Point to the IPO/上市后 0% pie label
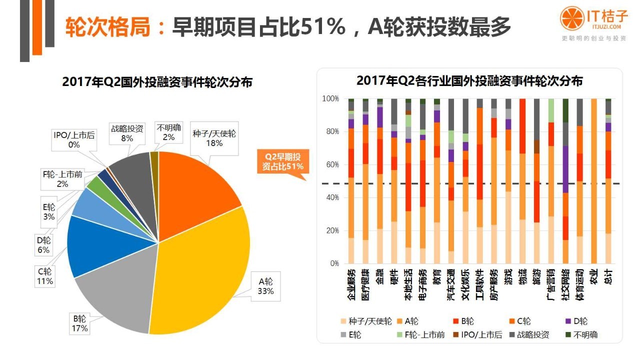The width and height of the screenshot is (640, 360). [74, 139]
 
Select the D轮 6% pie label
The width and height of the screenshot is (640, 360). [43, 245]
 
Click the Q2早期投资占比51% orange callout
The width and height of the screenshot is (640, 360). [283, 161]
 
